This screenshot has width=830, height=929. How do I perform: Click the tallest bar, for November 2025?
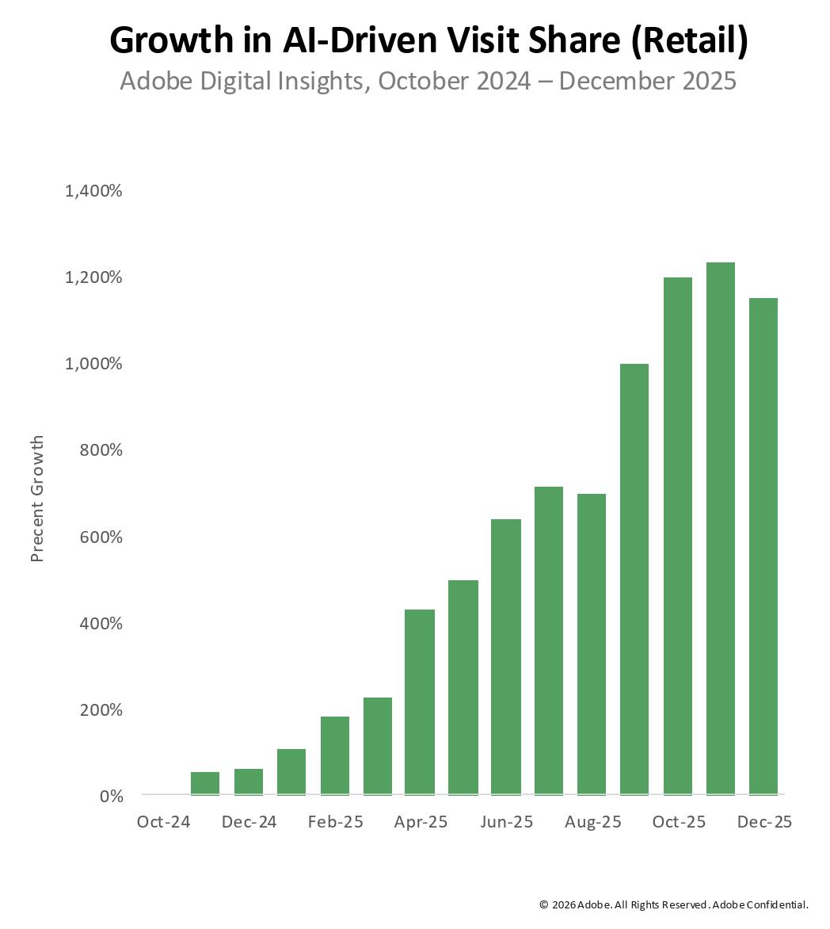[721, 528]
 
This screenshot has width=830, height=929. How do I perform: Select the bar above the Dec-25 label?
[763, 546]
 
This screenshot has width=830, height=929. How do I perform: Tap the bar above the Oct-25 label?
[677, 536]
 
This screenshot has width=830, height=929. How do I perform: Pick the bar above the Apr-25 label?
[420, 702]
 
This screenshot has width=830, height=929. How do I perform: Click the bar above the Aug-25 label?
[592, 644]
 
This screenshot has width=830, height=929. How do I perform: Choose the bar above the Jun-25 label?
[506, 656]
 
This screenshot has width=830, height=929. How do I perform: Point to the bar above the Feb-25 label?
[335, 755]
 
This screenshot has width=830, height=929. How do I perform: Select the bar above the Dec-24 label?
[249, 782]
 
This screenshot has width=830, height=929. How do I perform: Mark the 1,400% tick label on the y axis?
[93, 191]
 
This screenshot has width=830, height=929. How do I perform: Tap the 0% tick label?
[110, 796]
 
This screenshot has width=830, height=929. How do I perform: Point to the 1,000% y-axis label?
[93, 364]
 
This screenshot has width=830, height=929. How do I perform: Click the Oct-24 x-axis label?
[163, 822]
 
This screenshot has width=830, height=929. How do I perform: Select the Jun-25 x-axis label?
[506, 822]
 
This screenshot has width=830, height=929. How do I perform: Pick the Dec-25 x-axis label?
[764, 822]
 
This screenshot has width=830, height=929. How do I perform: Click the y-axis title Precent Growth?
[37, 499]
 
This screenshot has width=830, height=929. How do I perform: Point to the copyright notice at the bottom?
[673, 904]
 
